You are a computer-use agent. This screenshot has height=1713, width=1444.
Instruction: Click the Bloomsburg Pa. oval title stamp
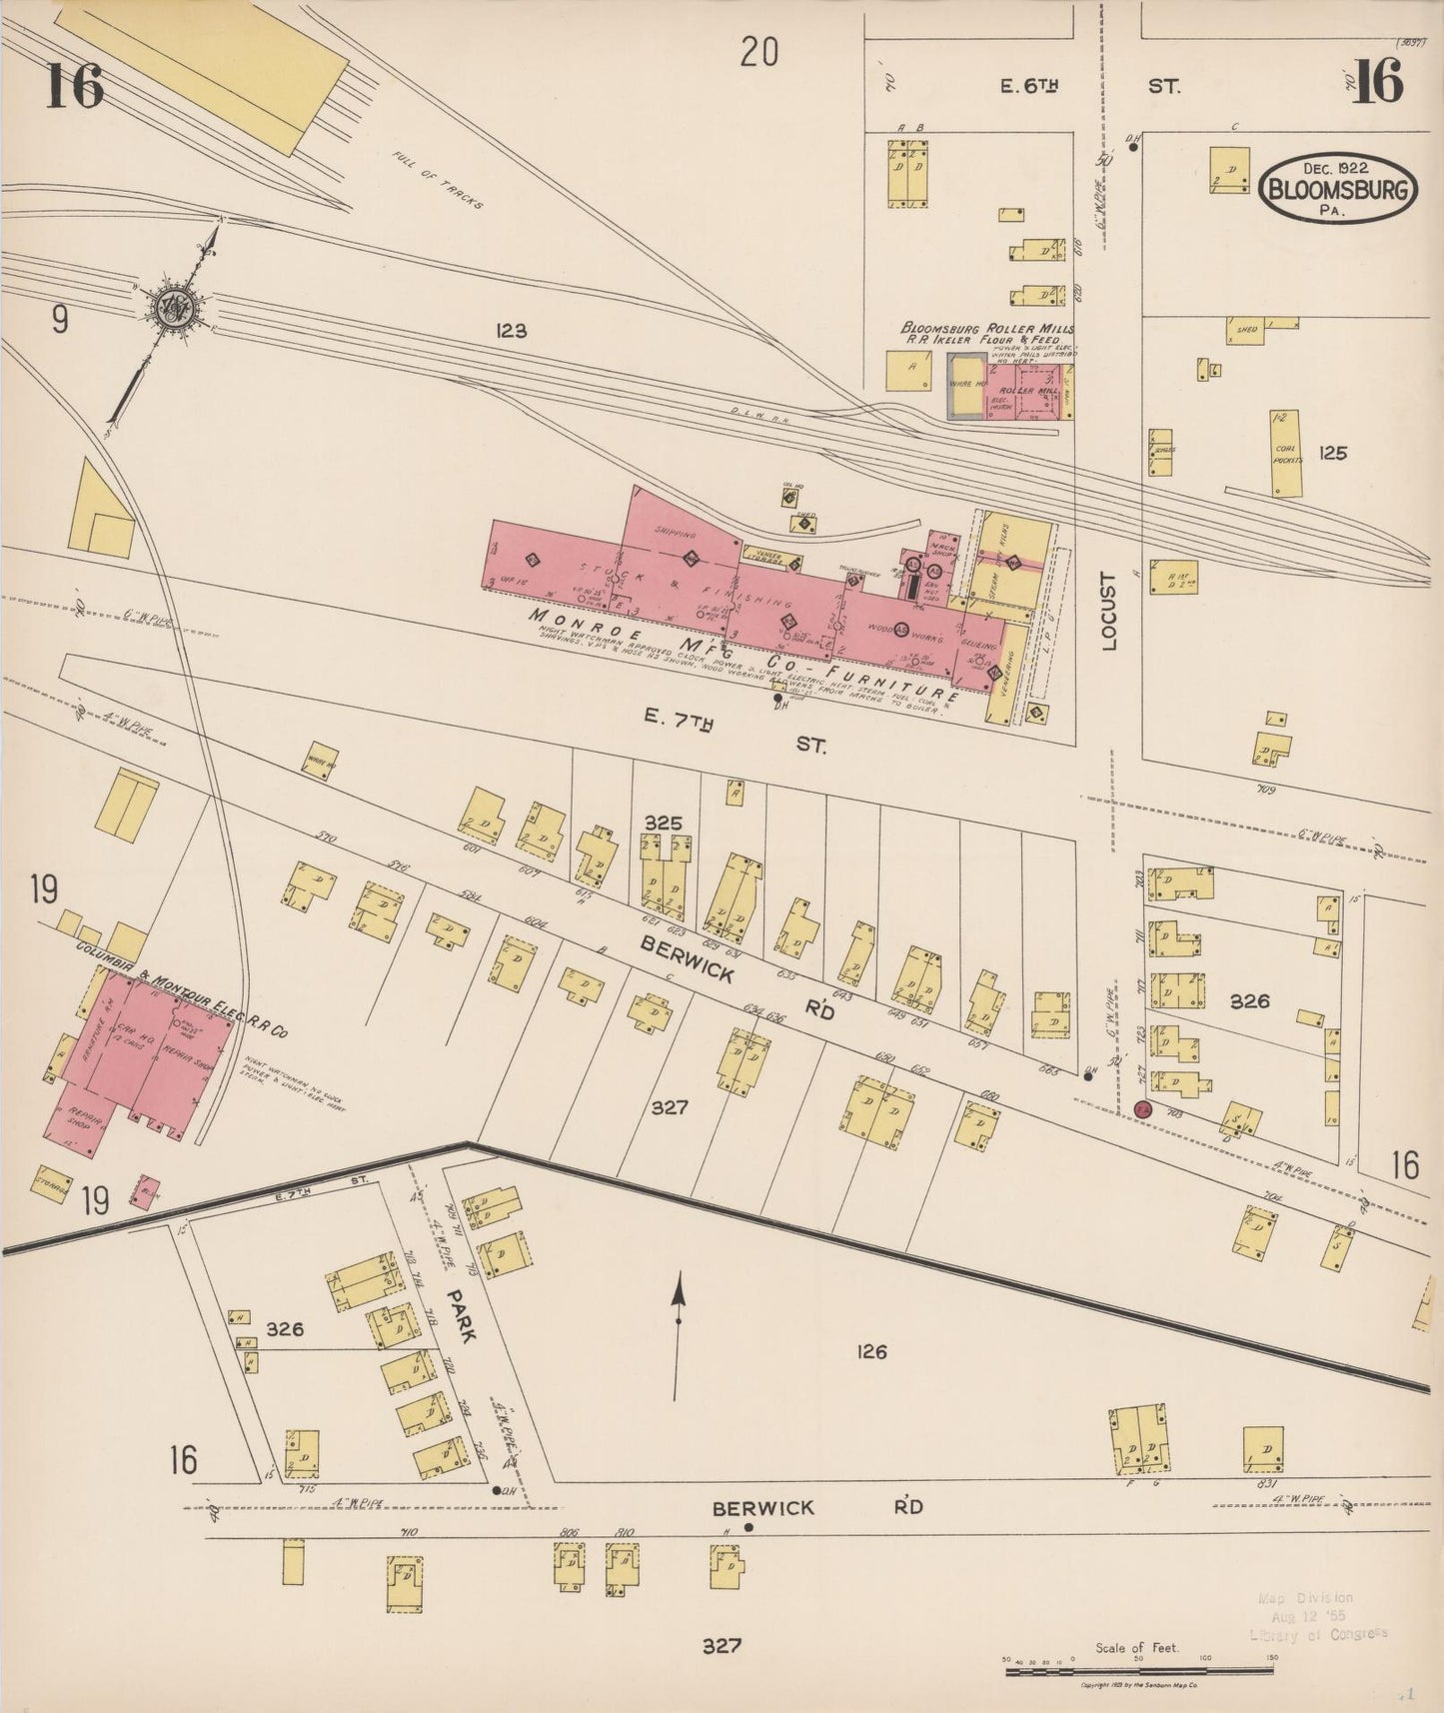coord(1339,187)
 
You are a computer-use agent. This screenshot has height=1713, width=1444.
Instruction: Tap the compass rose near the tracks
coord(181,304)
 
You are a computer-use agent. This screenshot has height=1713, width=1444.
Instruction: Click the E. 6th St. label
coord(1029,87)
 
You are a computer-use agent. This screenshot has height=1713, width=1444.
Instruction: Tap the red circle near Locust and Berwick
coord(1143,1109)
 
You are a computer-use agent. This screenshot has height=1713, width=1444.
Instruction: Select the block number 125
coord(1332,453)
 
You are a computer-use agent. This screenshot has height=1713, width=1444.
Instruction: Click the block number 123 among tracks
coord(510,331)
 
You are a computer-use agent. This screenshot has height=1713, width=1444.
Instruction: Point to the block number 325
coord(663,823)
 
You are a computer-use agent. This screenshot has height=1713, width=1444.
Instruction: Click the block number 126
coord(871,1352)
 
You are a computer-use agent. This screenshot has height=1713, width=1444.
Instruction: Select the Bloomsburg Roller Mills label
coord(987,329)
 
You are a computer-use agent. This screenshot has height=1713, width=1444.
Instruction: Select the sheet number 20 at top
coord(758,51)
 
